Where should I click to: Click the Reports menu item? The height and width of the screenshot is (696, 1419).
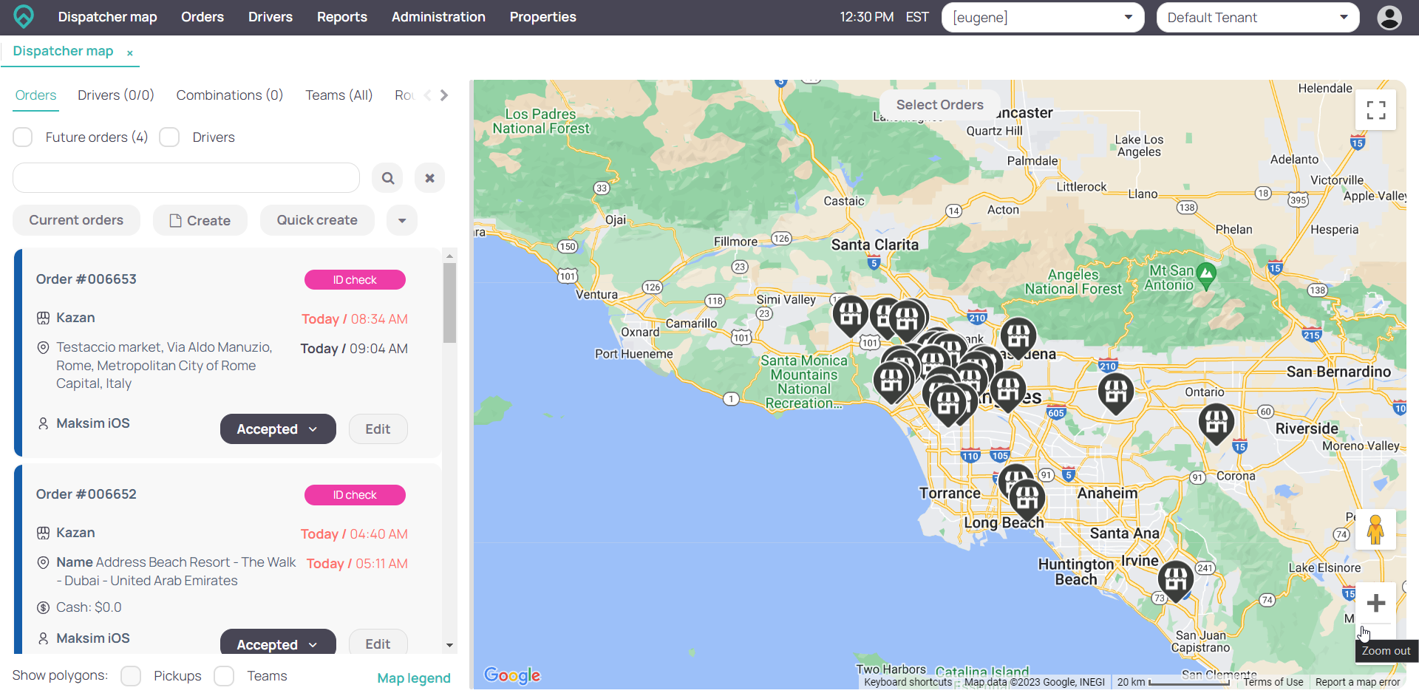341,17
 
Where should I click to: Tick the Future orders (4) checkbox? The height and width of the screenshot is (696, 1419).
23,137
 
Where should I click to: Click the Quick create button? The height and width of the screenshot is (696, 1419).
317,220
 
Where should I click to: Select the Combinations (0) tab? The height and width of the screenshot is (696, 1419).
229,95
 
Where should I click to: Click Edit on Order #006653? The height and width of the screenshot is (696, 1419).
378,429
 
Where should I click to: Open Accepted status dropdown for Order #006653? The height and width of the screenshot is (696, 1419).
278,429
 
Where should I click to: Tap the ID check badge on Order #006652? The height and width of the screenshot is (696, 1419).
355,495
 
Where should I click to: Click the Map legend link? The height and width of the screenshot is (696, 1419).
414,678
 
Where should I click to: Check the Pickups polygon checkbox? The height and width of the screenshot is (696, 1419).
132,676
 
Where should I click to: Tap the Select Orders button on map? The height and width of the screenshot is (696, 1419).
939,105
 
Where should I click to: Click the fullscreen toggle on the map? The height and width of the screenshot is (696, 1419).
1375,110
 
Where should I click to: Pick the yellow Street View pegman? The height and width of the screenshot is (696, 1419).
1375,530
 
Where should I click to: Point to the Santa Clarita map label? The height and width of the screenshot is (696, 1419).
874,245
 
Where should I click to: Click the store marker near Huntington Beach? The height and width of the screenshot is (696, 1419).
1175,579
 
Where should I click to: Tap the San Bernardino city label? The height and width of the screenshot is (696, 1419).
1338,372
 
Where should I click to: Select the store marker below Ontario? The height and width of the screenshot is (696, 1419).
1216,422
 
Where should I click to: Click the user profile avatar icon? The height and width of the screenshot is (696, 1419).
1389,18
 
